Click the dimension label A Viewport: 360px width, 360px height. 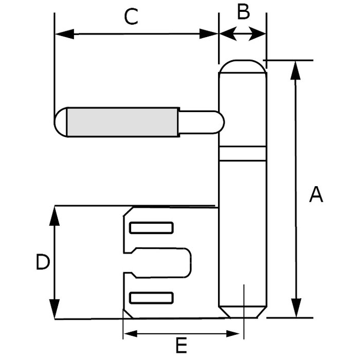(316, 195)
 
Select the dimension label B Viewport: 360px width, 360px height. (243, 12)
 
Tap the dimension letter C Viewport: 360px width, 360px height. (132, 16)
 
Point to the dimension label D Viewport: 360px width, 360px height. (43, 263)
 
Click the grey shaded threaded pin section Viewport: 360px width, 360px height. (123, 122)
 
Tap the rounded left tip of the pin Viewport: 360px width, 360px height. (61, 122)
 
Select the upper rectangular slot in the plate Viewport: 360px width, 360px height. (151, 227)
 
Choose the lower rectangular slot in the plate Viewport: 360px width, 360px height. (151, 297)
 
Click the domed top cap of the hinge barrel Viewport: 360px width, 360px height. (242, 67)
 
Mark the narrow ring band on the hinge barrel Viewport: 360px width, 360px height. (242, 153)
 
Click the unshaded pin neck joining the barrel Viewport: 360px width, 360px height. (201, 122)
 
